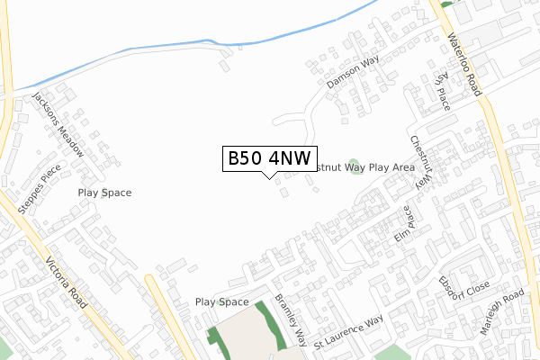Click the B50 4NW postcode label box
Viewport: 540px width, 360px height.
(269, 158)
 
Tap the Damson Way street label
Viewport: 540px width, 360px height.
(354, 73)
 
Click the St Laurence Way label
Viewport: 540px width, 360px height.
(348, 330)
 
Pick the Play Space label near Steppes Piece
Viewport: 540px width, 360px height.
(104, 193)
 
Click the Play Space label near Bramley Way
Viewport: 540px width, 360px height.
(221, 302)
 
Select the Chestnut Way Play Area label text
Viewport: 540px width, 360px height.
(364, 167)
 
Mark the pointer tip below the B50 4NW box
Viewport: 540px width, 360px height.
(269, 176)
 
